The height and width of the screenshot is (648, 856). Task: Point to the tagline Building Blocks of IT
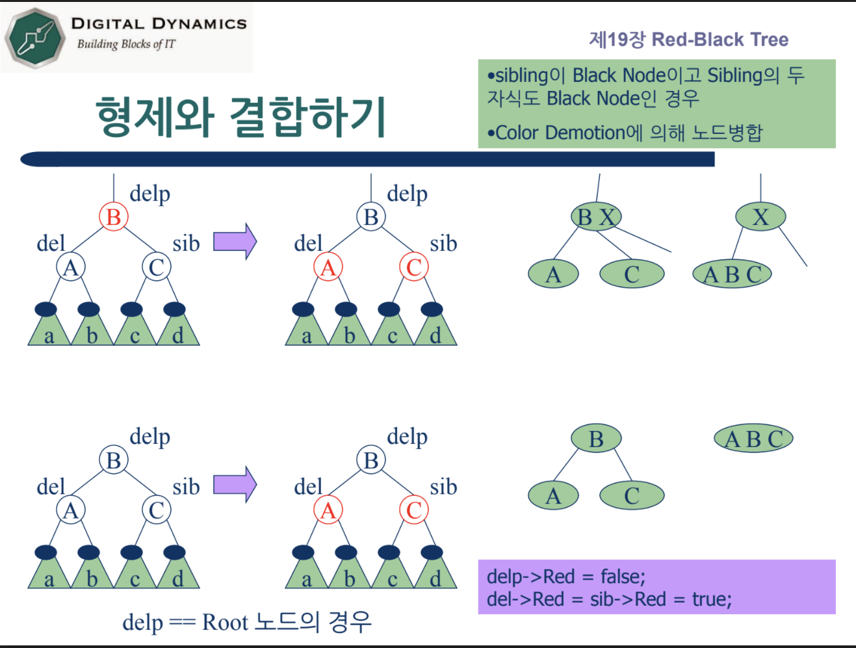[x=126, y=44]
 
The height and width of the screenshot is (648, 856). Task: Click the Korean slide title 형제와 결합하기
[x=241, y=117]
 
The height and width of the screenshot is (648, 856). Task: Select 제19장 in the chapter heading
[x=617, y=40]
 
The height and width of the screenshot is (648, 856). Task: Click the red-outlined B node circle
[x=114, y=217]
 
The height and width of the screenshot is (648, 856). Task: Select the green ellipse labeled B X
[x=596, y=217]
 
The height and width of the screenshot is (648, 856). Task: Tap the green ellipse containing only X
[x=760, y=217]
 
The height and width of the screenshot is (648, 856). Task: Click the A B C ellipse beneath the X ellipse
[x=732, y=274]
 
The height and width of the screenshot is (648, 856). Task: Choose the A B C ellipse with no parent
[x=753, y=439]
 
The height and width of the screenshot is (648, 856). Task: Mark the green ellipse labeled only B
[x=596, y=439]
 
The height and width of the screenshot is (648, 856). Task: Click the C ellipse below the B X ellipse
[x=631, y=274]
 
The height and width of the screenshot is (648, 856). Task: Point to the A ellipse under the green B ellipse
[x=553, y=496]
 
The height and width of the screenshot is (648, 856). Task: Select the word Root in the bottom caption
[x=226, y=622]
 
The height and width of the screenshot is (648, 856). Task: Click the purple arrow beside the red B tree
[x=235, y=241]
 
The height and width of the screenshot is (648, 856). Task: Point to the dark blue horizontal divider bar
[x=367, y=159]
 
